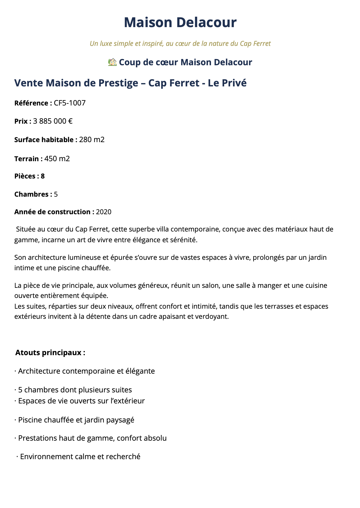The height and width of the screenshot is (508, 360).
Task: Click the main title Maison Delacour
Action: tap(180, 23)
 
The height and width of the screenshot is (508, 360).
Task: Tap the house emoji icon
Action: tap(112, 62)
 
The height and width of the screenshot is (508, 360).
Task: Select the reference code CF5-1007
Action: tap(70, 103)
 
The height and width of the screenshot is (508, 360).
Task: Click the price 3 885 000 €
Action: tap(53, 121)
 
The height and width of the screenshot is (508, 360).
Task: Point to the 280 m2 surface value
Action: tap(92, 140)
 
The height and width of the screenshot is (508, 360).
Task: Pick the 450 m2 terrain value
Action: tap(57, 159)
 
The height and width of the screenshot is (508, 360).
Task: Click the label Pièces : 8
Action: tap(30, 176)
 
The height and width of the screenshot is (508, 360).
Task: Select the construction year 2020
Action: tap(104, 212)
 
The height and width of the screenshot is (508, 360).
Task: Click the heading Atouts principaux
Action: tap(50, 352)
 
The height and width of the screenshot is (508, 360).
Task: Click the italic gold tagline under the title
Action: tap(180, 44)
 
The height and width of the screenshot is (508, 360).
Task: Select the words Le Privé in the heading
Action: tap(227, 83)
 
